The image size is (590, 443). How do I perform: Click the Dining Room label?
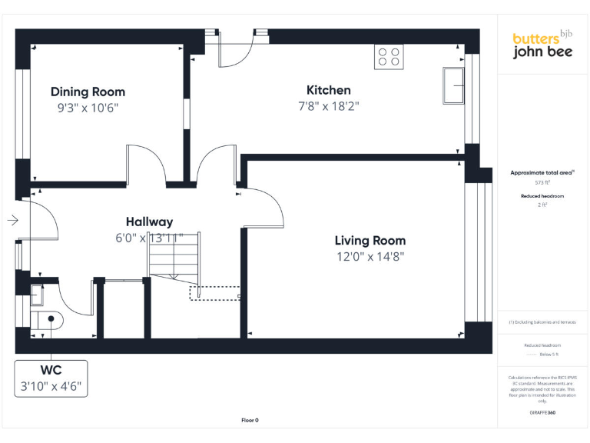[88, 92]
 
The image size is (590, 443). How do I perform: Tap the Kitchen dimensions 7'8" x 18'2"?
[328, 106]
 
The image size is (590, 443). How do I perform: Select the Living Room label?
[370, 241]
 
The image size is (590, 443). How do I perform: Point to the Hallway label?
[149, 222]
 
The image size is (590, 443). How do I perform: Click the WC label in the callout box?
[51, 371]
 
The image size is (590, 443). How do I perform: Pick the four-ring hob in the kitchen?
[389, 57]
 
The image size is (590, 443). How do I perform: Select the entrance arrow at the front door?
[12, 221]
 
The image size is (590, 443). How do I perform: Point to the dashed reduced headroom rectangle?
[215, 293]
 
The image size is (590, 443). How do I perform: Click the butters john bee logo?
[542, 45]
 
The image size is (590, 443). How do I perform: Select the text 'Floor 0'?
[250, 421]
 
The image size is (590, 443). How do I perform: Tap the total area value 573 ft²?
[542, 183]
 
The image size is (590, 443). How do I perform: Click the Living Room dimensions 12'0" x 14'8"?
[370, 257]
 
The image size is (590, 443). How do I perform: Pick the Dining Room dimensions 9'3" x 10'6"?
[88, 108]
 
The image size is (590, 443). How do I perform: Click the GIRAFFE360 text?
[542, 413]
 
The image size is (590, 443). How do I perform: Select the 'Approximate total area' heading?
[542, 172]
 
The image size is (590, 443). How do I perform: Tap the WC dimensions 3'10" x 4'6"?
[51, 386]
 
